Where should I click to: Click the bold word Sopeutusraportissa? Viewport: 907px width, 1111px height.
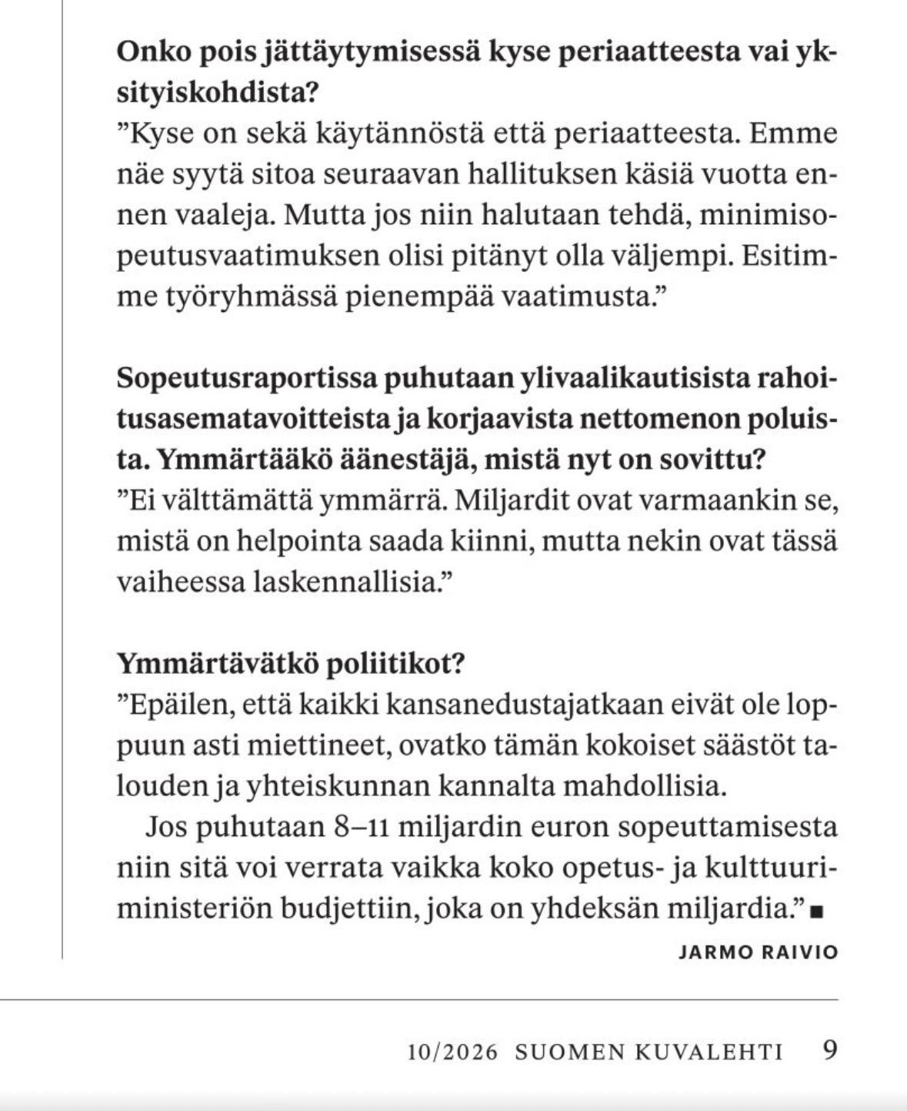coord(245,380)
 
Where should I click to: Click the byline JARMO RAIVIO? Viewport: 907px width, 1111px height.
coord(758,952)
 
